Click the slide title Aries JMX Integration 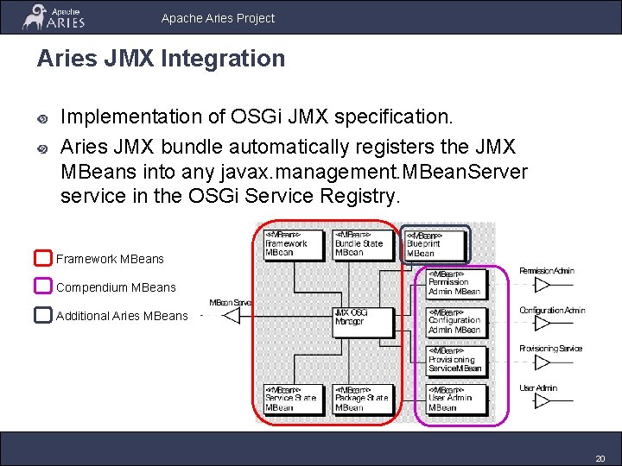point(161,59)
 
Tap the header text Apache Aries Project point(218,17)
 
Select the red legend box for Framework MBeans point(43,258)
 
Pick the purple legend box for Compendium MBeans point(43,287)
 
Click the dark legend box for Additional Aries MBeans point(43,315)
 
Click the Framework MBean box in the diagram point(292,243)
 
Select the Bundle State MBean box point(363,243)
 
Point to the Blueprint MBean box point(435,245)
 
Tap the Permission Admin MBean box point(456,282)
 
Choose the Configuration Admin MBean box point(456,321)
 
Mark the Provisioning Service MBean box point(456,360)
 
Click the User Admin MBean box point(456,399)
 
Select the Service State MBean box point(292,399)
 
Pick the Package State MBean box point(363,399)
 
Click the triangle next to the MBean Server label point(231,315)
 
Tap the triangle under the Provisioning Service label point(543,362)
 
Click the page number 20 point(600,457)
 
